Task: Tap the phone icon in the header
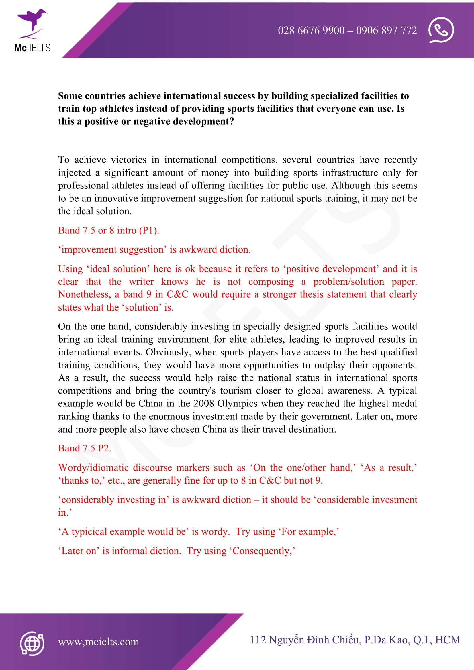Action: (x=441, y=30)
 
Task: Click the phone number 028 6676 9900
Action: (x=311, y=30)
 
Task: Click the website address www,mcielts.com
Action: (x=98, y=642)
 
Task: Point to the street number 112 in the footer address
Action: (x=258, y=640)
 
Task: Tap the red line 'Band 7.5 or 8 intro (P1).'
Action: (x=109, y=230)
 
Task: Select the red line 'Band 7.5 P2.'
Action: (x=85, y=448)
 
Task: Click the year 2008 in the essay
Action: (x=204, y=403)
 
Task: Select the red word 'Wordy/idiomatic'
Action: (x=93, y=467)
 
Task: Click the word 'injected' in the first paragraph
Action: (x=74, y=173)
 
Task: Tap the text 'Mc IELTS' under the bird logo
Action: (x=32, y=48)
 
